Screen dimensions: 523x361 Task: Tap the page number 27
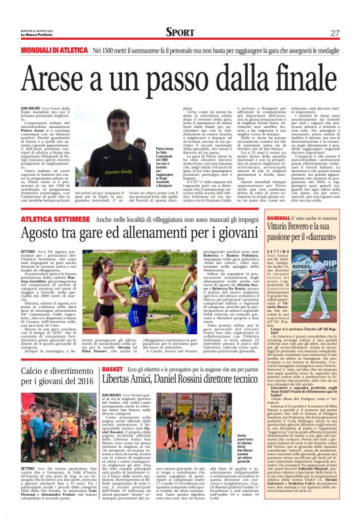334,33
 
